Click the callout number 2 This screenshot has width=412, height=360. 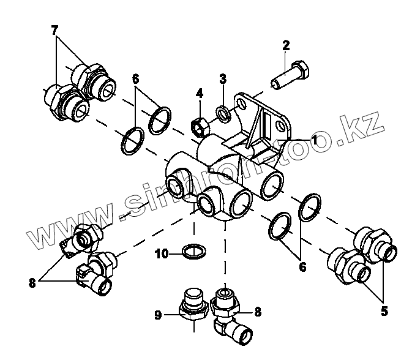[x=286, y=45]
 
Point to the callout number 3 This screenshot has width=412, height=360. [x=223, y=79]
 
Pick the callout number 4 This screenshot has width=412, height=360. [x=199, y=94]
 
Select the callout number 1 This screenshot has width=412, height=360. [x=314, y=139]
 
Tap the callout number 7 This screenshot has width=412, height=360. [x=55, y=29]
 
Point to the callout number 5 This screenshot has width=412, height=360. [x=384, y=311]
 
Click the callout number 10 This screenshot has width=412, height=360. [x=161, y=253]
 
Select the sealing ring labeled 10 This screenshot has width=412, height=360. [x=194, y=250]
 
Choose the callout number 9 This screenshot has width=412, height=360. [x=158, y=315]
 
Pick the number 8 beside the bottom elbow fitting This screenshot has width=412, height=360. [x=258, y=312]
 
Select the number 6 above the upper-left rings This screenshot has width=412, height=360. [x=135, y=79]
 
